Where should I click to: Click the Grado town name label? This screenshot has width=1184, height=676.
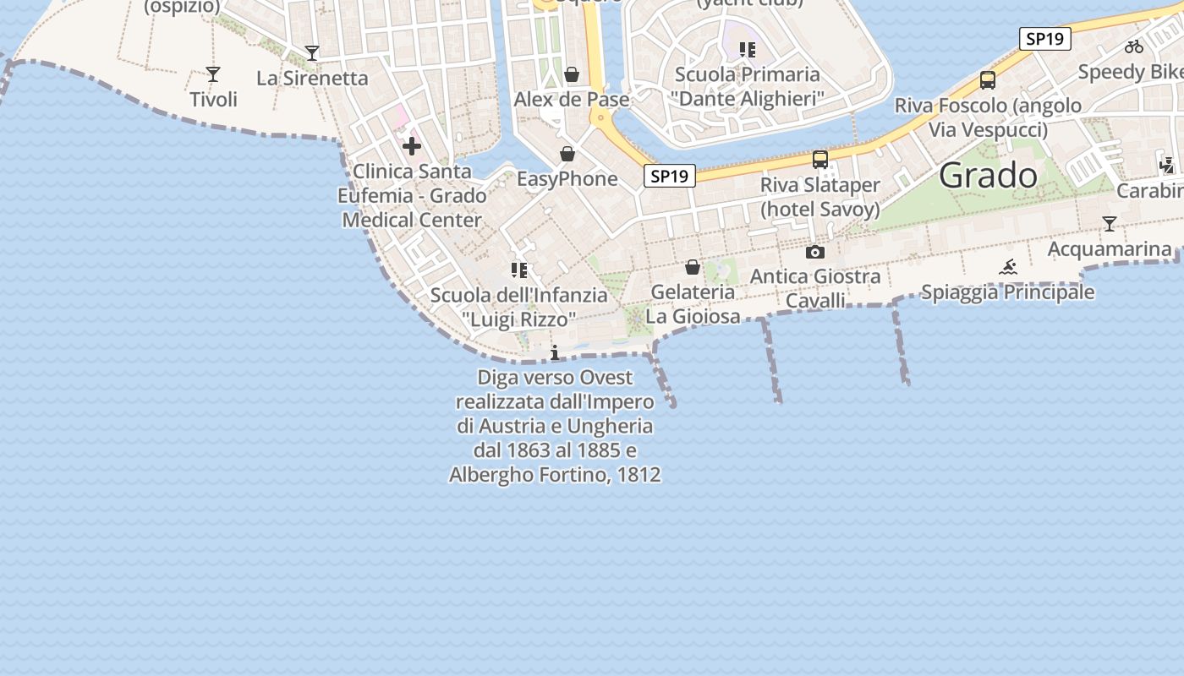click(988, 175)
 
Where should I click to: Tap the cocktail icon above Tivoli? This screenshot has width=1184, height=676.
click(213, 74)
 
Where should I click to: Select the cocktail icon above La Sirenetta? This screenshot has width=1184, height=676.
click(312, 53)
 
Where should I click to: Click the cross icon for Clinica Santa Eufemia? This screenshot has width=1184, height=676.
click(412, 146)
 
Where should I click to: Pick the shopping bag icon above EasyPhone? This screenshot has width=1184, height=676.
click(567, 154)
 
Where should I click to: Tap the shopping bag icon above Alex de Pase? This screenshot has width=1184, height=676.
click(572, 74)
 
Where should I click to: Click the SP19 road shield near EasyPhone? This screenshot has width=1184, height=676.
click(669, 176)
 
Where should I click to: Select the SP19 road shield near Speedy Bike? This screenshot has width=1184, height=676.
click(1045, 38)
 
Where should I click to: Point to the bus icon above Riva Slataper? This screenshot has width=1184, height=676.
click(819, 159)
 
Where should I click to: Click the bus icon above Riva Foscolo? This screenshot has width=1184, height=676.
click(987, 80)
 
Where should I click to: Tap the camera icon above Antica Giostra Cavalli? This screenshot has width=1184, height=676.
click(814, 252)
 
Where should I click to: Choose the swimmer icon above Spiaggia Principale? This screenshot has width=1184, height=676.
click(1007, 268)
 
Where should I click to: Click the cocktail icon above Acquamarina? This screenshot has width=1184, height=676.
click(1110, 224)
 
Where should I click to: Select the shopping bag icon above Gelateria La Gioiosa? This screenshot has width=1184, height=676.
click(693, 267)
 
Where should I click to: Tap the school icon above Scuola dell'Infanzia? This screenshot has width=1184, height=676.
click(518, 270)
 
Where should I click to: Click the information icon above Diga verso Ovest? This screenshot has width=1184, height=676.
click(555, 352)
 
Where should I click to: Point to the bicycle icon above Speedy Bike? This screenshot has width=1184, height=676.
click(1133, 46)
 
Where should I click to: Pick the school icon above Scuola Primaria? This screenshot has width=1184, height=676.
click(747, 50)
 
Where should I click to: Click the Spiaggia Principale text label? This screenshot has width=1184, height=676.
click(1007, 292)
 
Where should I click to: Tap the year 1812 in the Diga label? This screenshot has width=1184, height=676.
click(639, 475)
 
